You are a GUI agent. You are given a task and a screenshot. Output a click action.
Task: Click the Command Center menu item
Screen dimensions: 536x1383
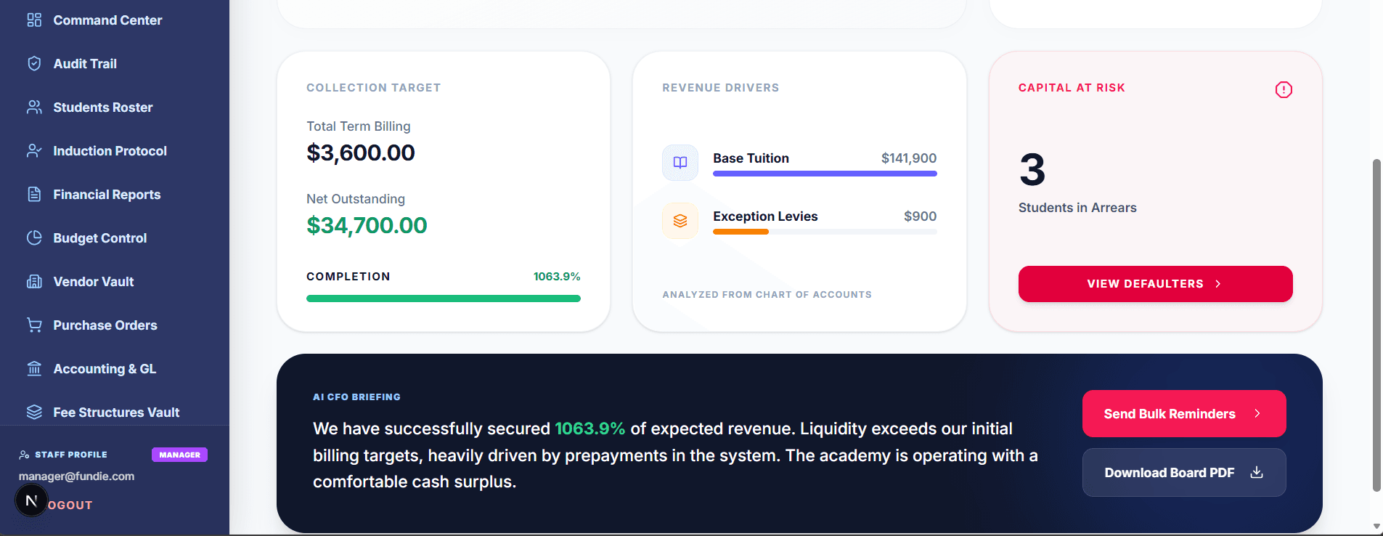coord(107,20)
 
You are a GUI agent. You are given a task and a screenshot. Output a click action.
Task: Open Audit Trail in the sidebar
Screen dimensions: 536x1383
coord(84,64)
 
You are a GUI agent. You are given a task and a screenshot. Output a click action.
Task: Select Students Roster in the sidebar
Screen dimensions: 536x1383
coord(102,107)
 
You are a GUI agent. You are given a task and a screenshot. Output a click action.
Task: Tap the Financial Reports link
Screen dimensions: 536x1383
coord(107,195)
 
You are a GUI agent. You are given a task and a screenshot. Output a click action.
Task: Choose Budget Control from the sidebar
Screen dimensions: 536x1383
coord(99,238)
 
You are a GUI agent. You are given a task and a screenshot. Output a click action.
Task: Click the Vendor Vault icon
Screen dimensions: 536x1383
coord(34,282)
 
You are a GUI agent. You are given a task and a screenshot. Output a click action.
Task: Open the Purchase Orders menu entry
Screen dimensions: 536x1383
coord(105,325)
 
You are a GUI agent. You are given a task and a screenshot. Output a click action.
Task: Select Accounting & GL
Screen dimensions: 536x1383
coord(104,369)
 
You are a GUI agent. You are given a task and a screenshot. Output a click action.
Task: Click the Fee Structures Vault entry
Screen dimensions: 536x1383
coord(115,413)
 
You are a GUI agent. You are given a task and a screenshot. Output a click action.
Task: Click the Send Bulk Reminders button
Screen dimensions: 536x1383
coord(1183,414)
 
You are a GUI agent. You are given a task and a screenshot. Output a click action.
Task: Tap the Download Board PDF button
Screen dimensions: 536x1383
coord(1183,473)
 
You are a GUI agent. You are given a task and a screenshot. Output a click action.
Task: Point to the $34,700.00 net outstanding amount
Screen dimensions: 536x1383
coord(367,226)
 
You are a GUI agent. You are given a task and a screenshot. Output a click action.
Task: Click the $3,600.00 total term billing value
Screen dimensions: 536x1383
coord(361,153)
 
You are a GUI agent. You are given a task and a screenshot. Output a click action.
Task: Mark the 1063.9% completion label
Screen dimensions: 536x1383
coord(557,277)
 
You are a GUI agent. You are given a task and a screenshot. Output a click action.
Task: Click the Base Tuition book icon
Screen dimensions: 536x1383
coord(680,163)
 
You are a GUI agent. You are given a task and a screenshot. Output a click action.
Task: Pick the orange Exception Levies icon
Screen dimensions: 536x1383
coord(680,221)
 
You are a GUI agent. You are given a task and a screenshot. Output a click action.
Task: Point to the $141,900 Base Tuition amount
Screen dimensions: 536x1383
coord(908,158)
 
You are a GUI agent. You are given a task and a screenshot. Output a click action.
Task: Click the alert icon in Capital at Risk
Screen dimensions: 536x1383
coord(1284,90)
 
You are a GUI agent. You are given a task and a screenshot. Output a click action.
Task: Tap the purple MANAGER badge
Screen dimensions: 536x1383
coord(179,455)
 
